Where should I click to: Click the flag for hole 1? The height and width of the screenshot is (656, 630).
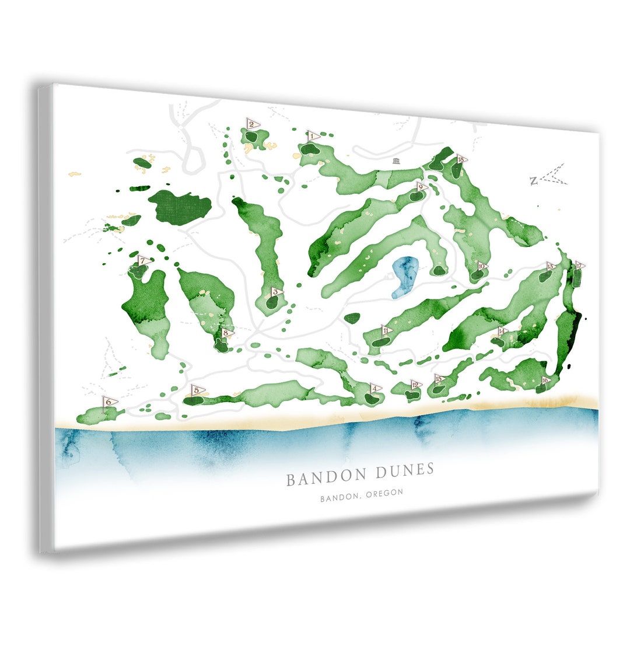point(312,137)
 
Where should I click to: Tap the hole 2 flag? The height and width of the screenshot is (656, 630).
point(253,124)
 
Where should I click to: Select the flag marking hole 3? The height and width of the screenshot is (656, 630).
point(276,291)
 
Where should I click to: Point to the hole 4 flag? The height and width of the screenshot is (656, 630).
point(374,388)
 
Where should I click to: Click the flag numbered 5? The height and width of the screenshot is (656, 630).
point(197,390)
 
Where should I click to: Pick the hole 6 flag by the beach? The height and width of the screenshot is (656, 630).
point(108,402)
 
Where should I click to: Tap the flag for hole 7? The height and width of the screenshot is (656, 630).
point(142,261)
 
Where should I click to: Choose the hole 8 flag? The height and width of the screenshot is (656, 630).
point(226,333)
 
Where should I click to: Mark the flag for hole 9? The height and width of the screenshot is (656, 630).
point(421,187)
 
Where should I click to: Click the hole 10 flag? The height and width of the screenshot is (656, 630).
point(481,266)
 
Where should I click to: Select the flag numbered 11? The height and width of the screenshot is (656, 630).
point(386,330)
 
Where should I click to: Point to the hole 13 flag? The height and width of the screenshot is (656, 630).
point(549,266)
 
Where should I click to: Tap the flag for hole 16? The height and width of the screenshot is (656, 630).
point(545,380)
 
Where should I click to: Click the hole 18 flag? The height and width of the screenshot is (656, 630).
point(461,159)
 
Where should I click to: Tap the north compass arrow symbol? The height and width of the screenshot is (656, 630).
point(548,176)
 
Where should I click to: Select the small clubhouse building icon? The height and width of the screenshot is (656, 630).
point(397,161)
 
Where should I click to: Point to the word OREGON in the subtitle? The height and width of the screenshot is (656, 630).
point(384,493)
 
